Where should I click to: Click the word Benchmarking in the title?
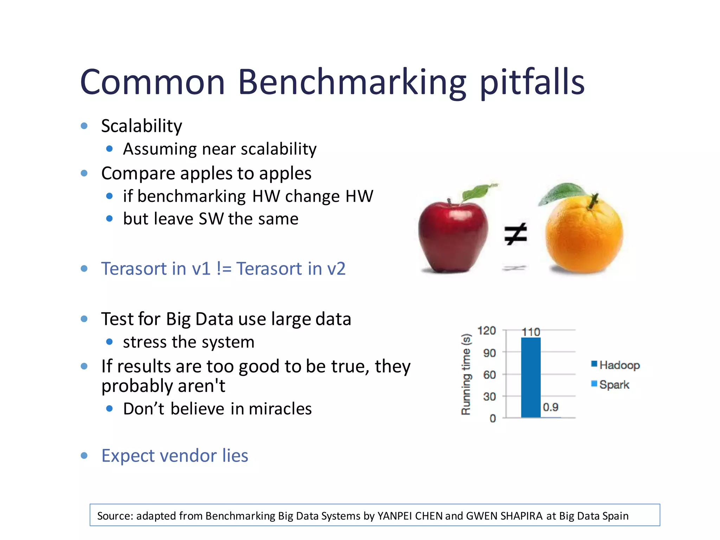click(352, 83)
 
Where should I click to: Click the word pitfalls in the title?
click(532, 83)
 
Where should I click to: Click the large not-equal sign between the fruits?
click(515, 234)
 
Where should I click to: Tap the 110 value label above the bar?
click(531, 332)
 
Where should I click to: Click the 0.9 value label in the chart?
click(550, 407)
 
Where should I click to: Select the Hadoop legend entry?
click(619, 365)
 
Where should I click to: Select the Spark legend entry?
click(613, 384)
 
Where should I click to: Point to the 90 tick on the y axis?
click(489, 353)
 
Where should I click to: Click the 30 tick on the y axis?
click(489, 397)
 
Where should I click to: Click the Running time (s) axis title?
click(466, 374)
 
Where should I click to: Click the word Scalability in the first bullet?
click(142, 126)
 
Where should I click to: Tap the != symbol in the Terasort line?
click(224, 269)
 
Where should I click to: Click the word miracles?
click(280, 409)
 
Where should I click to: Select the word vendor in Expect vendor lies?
click(188, 456)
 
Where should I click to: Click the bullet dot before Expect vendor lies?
click(84, 456)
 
